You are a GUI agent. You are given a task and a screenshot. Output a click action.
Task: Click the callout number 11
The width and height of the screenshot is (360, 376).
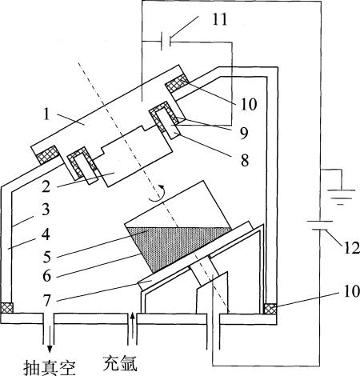pyautogui.click(x=220, y=19)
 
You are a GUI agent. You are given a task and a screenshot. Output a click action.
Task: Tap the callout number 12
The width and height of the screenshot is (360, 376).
pyautogui.click(x=351, y=247)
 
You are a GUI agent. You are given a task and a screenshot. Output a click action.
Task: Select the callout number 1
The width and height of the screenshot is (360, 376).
pyautogui.click(x=46, y=114)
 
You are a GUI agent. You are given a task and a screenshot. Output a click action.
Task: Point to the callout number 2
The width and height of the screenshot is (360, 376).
pyautogui.click(x=46, y=186)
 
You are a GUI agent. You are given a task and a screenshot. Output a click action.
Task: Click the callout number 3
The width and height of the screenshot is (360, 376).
pyautogui.click(x=46, y=210)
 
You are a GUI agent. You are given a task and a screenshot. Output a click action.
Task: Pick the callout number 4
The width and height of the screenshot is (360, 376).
pyautogui.click(x=46, y=234)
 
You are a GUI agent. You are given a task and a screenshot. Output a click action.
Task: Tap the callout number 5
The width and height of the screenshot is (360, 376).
pyautogui.click(x=47, y=257)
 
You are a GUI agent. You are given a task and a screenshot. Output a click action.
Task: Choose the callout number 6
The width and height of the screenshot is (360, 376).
pyautogui.click(x=47, y=275)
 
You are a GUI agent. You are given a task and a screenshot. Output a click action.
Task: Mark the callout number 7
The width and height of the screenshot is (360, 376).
pyautogui.click(x=47, y=301)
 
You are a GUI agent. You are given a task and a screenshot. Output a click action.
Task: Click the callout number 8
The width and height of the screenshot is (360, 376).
pyautogui.click(x=245, y=160)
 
